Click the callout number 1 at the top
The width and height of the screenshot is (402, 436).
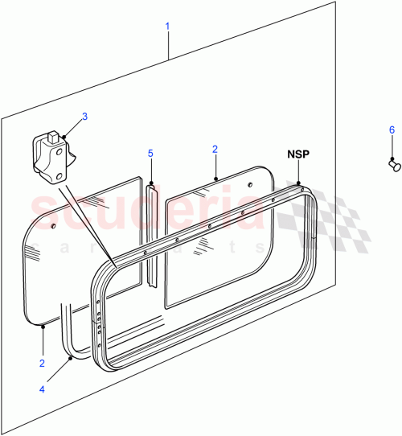167,27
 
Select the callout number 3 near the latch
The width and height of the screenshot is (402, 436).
85,116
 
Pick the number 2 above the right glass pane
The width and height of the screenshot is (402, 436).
215,149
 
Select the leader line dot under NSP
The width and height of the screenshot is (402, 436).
299,183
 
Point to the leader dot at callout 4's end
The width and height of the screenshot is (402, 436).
71,357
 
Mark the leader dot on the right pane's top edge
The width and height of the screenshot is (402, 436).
215,179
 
